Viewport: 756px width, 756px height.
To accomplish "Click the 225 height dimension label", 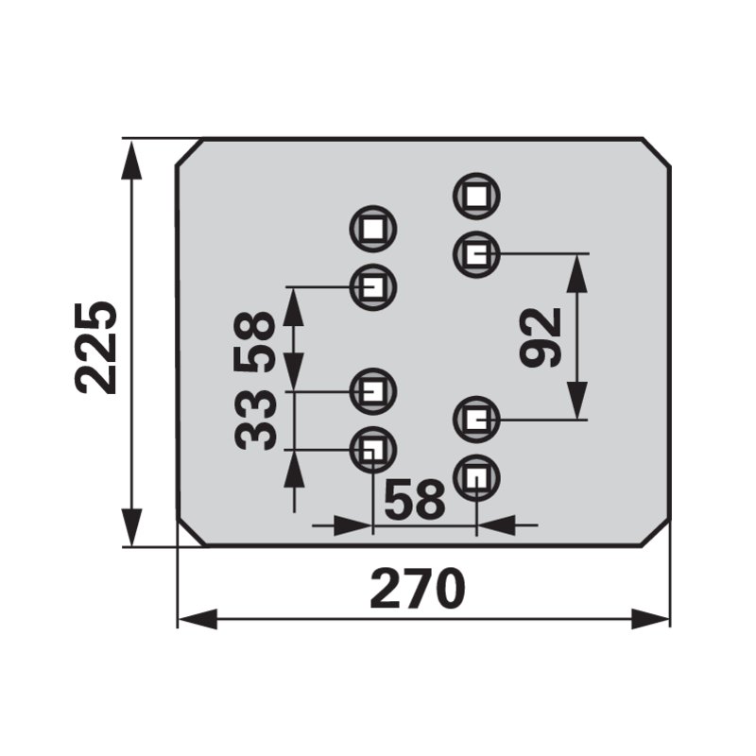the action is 96,348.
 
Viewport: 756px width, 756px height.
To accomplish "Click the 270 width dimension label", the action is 418,589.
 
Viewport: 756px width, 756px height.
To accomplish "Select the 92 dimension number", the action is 541,337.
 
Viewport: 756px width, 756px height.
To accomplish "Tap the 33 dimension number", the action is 255,420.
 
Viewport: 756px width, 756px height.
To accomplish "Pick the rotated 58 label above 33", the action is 254,343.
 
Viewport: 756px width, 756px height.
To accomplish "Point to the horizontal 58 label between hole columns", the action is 415,500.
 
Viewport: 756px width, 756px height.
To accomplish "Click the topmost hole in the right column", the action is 476,197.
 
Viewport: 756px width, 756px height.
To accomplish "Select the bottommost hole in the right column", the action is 476,478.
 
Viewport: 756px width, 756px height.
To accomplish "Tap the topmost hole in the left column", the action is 372,229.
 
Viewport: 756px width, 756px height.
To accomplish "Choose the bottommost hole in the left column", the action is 372,450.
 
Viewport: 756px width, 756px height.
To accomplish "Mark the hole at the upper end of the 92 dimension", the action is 476,254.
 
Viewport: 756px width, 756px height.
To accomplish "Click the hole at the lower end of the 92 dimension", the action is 476,420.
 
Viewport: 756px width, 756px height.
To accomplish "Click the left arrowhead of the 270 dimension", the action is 198,619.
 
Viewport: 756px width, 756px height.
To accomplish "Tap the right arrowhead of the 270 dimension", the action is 650,619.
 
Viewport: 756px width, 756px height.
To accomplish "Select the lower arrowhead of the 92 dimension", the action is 577,400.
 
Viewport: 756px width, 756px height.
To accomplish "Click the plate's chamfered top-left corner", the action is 189,153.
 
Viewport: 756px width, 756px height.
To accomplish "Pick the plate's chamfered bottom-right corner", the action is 656,533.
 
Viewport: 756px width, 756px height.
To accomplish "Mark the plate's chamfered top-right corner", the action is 656,153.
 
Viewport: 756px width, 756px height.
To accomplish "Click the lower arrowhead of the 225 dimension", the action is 131,527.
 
